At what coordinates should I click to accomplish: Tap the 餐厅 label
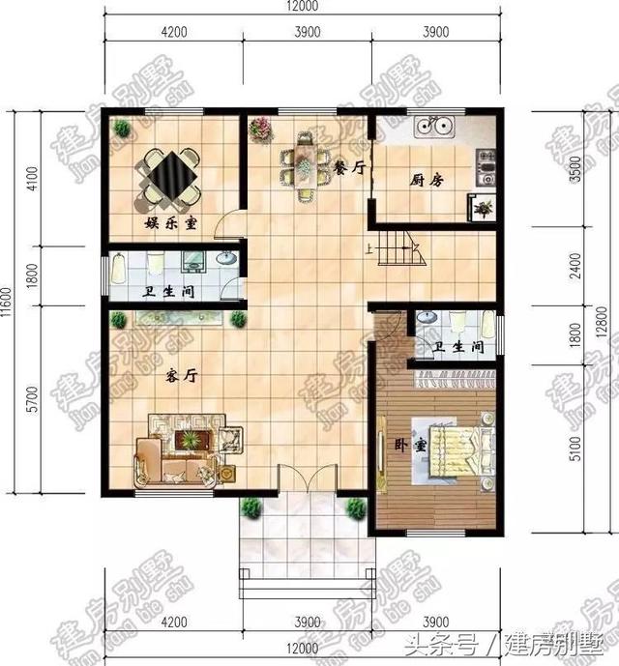350,167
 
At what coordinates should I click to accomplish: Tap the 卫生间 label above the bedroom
453,347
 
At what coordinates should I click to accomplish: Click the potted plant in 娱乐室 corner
121,129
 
